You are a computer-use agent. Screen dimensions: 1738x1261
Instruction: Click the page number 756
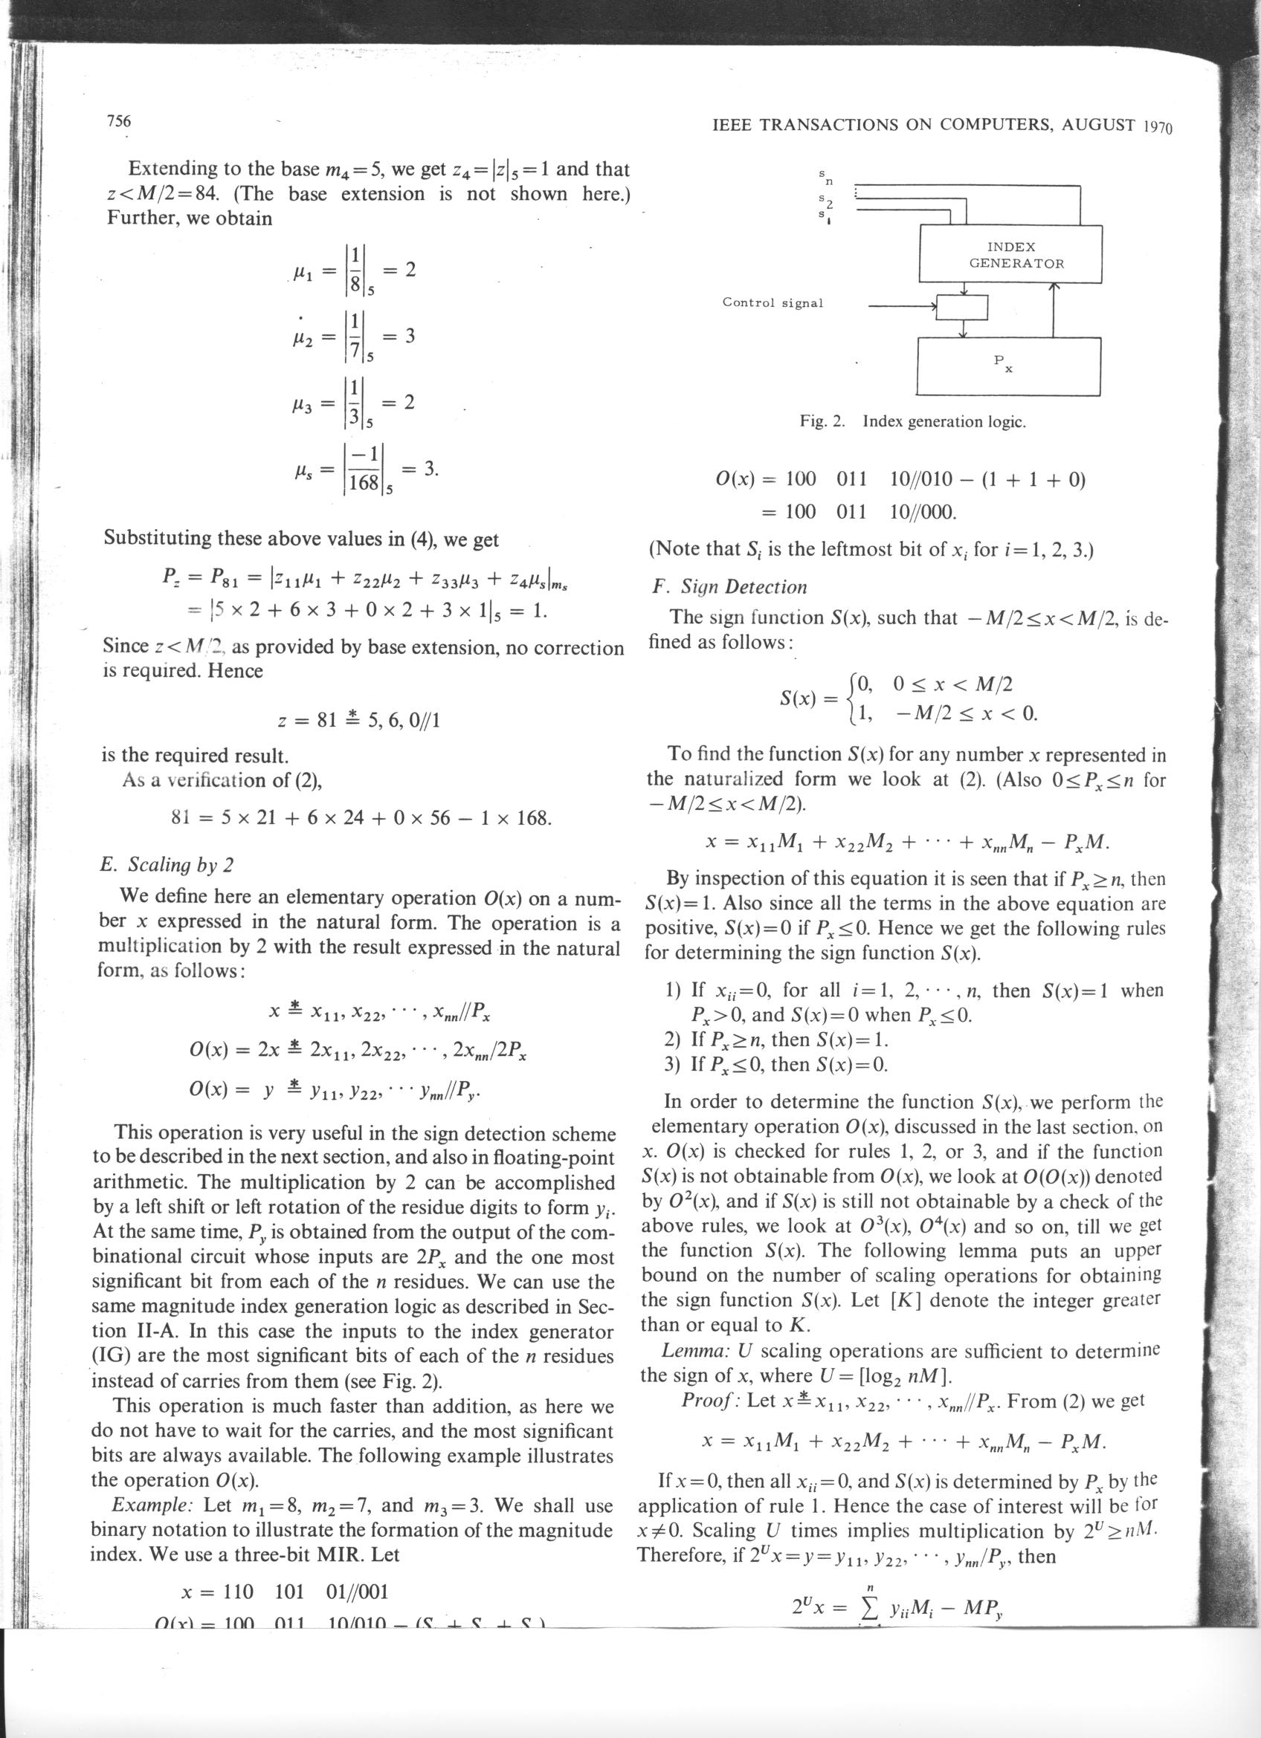pyautogui.click(x=118, y=121)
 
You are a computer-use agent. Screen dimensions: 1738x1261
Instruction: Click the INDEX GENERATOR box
pyautogui.click(x=1010, y=254)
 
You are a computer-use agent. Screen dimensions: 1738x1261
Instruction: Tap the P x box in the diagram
pyautogui.click(x=1009, y=366)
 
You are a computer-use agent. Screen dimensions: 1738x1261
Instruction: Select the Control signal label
pyautogui.click(x=772, y=302)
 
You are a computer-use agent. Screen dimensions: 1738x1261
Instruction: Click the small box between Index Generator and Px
pyautogui.click(x=963, y=307)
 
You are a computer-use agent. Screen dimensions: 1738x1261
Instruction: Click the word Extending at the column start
pyautogui.click(x=176, y=169)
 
